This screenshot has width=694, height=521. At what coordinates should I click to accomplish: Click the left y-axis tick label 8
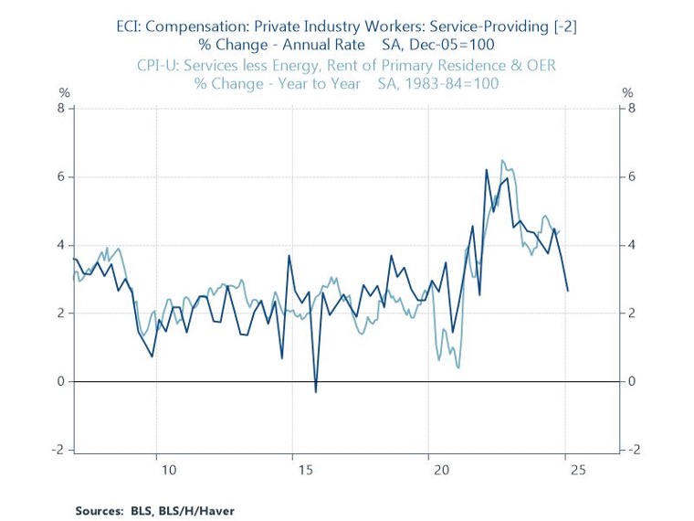pyautogui.click(x=63, y=108)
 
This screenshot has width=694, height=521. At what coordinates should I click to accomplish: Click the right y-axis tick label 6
pyautogui.click(x=631, y=176)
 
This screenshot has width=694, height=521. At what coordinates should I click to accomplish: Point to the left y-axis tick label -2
pyautogui.click(x=60, y=450)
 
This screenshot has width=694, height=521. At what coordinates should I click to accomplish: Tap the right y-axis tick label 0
pyautogui.click(x=631, y=381)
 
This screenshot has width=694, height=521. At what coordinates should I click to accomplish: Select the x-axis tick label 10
pyautogui.click(x=168, y=470)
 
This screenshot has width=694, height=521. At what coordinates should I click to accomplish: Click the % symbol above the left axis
pyautogui.click(x=64, y=92)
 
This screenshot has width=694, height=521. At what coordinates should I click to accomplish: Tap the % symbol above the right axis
pyautogui.click(x=627, y=92)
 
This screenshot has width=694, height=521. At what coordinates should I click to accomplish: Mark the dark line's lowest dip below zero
pyautogui.click(x=316, y=392)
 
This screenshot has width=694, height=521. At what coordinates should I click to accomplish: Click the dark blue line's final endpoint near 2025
pyautogui.click(x=568, y=291)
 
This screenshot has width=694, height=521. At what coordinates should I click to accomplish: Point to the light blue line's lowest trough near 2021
pyautogui.click(x=457, y=367)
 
